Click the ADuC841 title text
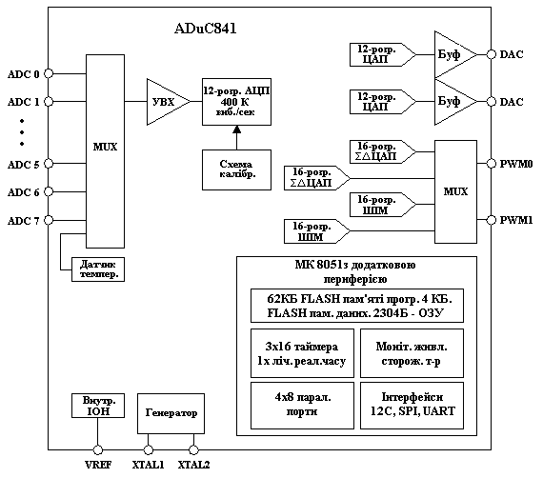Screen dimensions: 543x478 (x=206, y=29)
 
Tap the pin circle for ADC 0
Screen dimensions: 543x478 (x=49, y=73)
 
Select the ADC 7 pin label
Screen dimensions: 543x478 (x=24, y=221)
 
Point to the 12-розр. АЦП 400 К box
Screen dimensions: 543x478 (x=236, y=102)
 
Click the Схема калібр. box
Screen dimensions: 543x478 (x=236, y=169)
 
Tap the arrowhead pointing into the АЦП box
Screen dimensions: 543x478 (x=236, y=129)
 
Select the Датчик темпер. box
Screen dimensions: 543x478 (x=98, y=269)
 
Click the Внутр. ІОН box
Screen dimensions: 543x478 (x=98, y=406)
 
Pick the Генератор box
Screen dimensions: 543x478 (x=171, y=413)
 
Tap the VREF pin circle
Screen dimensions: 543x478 (x=98, y=450)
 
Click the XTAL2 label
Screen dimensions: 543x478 (x=193, y=465)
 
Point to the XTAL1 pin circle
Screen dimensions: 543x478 (x=149, y=450)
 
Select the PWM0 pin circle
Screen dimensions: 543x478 (x=491, y=164)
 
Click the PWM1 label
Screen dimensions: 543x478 (x=516, y=220)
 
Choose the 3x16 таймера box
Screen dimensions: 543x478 (x=302, y=353)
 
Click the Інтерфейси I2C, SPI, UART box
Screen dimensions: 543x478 (x=412, y=406)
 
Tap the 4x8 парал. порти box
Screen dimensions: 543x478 (x=302, y=406)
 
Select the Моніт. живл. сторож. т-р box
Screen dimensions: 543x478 (x=412, y=353)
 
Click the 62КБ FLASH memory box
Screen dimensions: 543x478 (x=357, y=306)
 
